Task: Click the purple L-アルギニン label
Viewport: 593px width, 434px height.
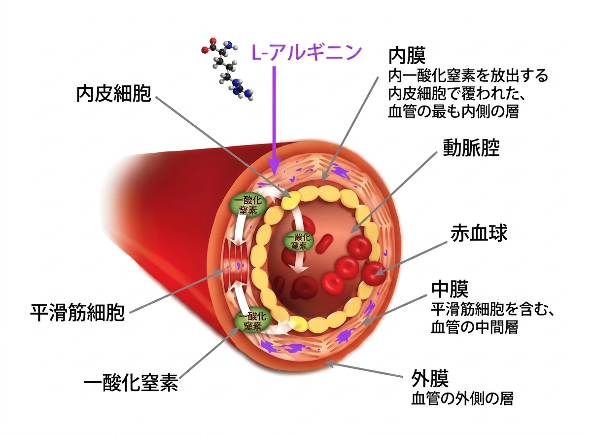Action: point(306,52)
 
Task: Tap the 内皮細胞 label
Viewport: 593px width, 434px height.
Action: point(114,94)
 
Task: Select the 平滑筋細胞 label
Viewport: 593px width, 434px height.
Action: point(77,313)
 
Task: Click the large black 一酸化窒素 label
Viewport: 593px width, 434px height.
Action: point(131,383)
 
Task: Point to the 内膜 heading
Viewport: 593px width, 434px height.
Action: point(407,55)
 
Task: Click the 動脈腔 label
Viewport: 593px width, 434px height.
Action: point(471,147)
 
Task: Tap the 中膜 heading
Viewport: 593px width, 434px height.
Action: point(450,289)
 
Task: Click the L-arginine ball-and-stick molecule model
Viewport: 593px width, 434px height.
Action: point(227,69)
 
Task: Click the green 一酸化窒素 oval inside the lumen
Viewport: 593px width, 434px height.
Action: point(299,241)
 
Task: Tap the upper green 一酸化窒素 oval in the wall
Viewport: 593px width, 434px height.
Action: point(248,205)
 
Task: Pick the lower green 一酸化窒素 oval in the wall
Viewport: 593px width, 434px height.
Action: point(253,322)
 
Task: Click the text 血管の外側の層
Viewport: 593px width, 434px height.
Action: point(462,398)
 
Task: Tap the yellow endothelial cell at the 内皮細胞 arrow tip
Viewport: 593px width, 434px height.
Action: point(291,200)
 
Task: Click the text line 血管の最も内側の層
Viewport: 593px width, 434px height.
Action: point(453,111)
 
